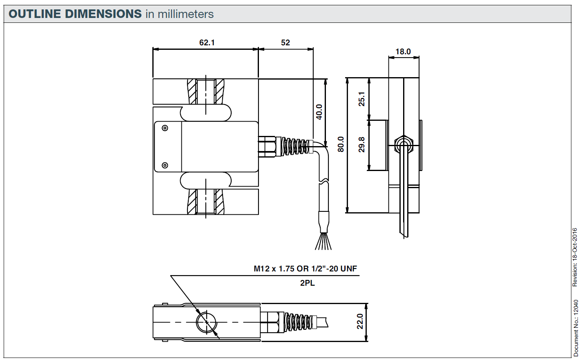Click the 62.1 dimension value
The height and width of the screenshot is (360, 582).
tap(207, 42)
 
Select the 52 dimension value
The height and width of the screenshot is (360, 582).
tap(285, 42)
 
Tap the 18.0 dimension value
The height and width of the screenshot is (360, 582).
tap(403, 51)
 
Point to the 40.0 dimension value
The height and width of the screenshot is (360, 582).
tap(319, 112)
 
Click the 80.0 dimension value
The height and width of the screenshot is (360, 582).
tap(341, 144)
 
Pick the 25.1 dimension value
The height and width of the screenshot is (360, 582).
tap(362, 99)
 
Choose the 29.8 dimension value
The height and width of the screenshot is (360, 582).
tap(362, 144)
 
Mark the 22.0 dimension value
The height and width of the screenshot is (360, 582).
tap(360, 321)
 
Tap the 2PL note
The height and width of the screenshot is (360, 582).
tap(308, 283)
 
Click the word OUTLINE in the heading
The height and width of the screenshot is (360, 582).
tap(35, 14)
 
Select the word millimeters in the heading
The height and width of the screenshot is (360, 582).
tap(185, 14)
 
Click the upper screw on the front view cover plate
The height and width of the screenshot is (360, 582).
tap(165, 128)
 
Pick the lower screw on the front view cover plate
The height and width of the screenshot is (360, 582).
tap(165, 165)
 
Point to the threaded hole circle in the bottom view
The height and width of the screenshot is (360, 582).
tap(206, 322)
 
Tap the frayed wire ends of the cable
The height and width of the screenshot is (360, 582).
tap(323, 242)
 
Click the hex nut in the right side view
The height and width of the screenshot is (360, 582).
tap(404, 144)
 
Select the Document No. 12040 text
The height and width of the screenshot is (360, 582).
tap(576, 328)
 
